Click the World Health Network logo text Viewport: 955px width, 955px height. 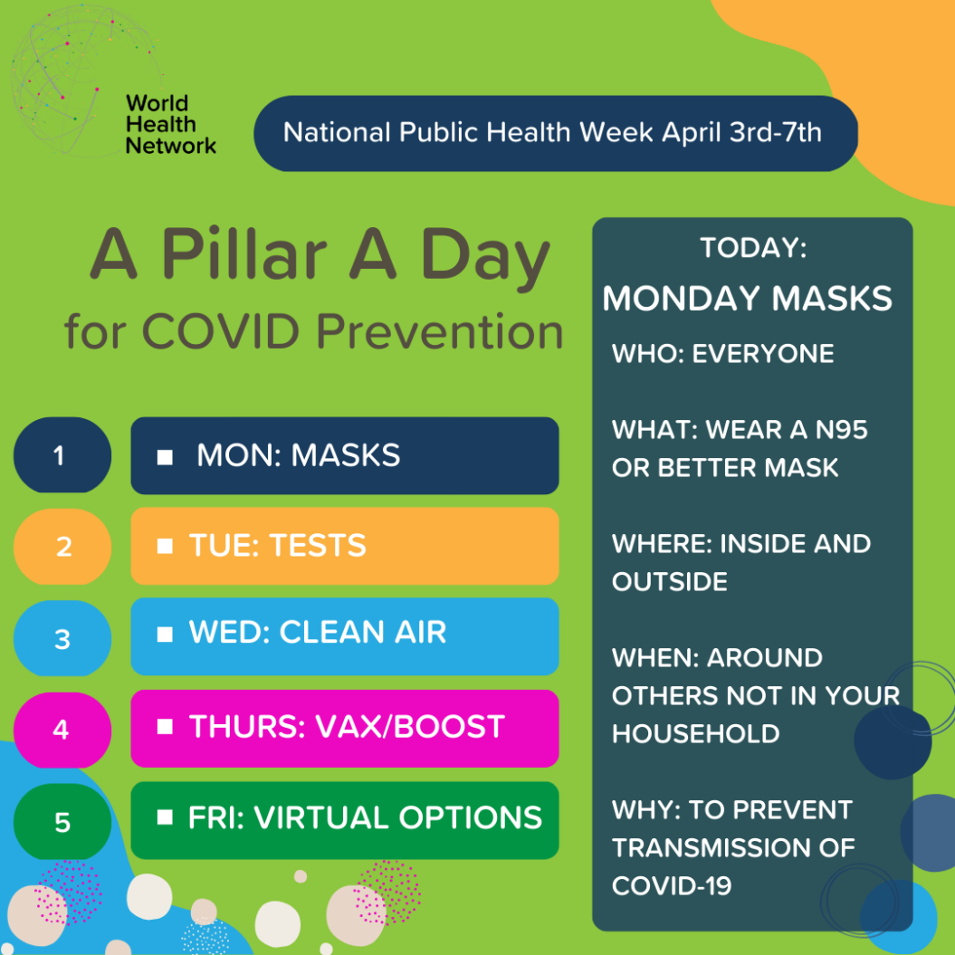[x=170, y=123]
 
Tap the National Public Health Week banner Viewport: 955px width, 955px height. [x=554, y=133]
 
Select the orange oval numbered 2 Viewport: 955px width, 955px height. [x=62, y=547]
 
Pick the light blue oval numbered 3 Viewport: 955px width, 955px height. [x=62, y=639]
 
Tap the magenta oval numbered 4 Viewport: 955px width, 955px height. [x=62, y=730]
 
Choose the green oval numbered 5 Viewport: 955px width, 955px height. [x=62, y=822]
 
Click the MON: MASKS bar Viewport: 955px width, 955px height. [x=344, y=455]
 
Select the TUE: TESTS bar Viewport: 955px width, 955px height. [x=344, y=546]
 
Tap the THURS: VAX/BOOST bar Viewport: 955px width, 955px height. [x=344, y=728]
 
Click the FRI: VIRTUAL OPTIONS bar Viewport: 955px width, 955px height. [x=344, y=820]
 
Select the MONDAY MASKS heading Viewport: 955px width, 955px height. [x=747, y=299]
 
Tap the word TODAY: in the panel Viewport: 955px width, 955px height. [x=753, y=248]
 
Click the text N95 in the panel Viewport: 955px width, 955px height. [x=841, y=429]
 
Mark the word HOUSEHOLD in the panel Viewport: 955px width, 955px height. [x=695, y=733]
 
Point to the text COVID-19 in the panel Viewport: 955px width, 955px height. [x=671, y=885]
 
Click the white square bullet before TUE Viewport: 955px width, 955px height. [x=165, y=547]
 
